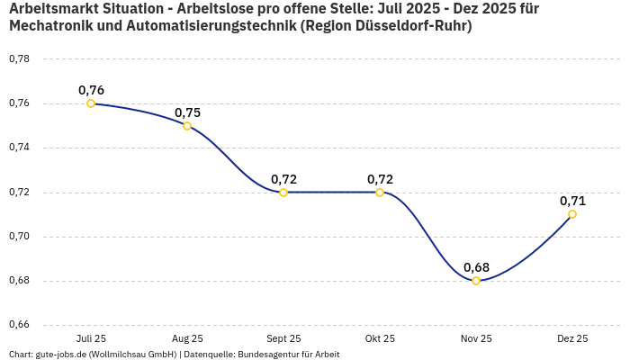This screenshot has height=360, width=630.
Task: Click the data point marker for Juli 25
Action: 91,103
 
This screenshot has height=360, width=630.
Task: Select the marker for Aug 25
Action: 187,126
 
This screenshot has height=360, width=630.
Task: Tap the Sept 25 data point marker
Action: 283,193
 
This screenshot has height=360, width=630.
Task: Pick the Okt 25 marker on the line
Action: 380,193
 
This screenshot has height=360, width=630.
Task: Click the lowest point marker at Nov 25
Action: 476,281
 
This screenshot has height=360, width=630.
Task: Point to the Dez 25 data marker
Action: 572,214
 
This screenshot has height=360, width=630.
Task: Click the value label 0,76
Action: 91,90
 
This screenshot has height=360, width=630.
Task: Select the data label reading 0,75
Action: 187,112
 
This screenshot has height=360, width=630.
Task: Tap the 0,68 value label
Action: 476,267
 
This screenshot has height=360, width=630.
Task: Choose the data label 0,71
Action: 572,201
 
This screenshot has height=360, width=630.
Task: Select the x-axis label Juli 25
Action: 91,339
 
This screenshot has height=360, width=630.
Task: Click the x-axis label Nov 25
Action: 476,339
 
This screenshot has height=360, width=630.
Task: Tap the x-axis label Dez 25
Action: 572,339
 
